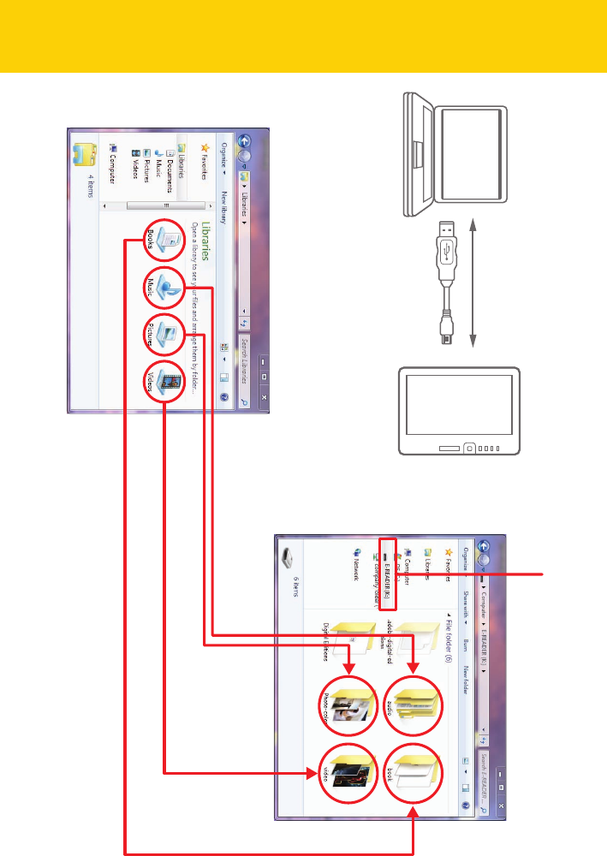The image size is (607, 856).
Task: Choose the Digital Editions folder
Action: pos(351,637)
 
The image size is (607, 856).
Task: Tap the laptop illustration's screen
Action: pos(471,154)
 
